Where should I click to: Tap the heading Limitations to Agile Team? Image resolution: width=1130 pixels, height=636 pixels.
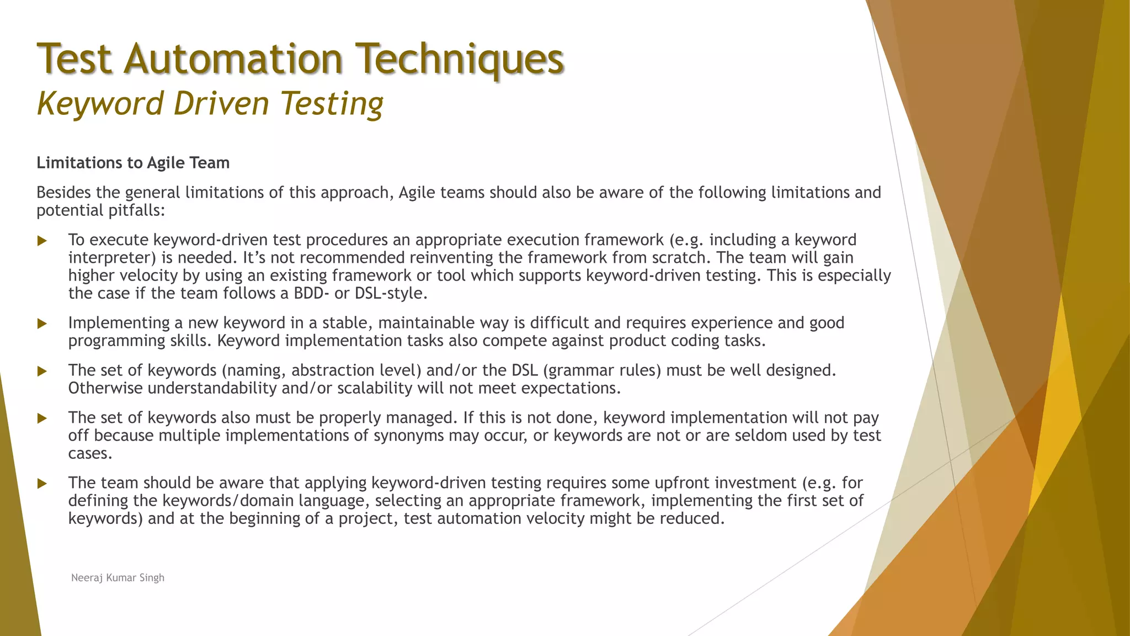(x=133, y=163)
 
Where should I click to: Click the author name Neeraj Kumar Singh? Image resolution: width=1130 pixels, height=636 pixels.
(x=118, y=577)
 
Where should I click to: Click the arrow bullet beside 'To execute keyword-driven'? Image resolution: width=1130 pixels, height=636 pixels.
(x=42, y=241)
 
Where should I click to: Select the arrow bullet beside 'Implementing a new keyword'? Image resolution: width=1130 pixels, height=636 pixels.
(x=42, y=324)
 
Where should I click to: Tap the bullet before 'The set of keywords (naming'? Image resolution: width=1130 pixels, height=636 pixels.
(x=42, y=371)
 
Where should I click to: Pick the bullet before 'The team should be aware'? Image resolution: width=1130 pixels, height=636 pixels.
(x=42, y=484)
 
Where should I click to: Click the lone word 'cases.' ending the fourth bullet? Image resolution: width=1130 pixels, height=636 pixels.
(x=90, y=454)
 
